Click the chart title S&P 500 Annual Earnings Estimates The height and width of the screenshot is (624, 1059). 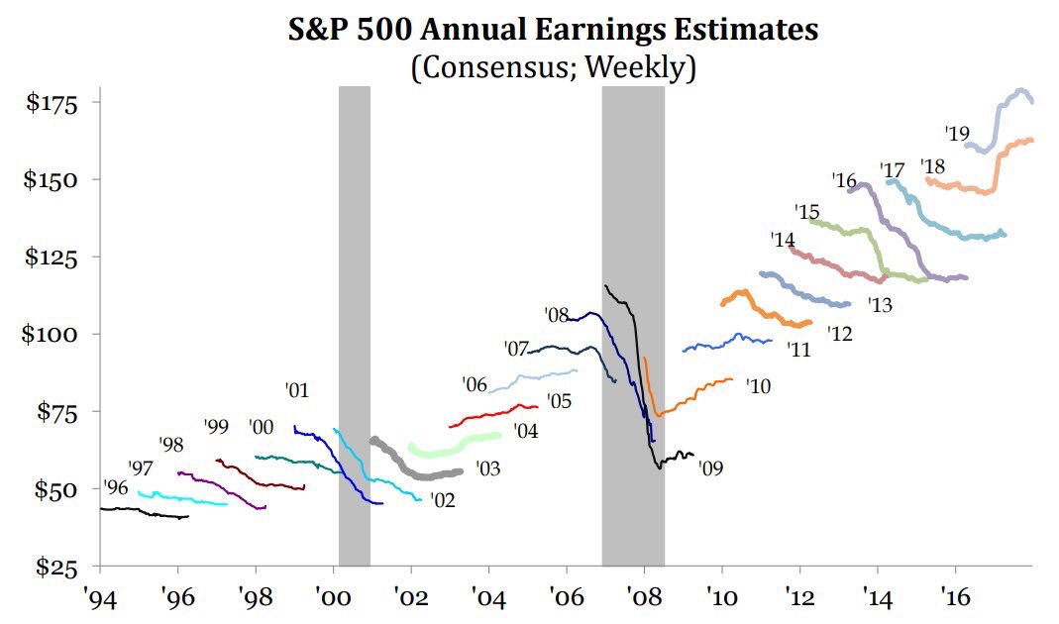tap(553, 31)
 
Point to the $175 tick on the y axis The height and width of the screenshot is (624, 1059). tap(60, 103)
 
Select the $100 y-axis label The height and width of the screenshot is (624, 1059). tap(60, 334)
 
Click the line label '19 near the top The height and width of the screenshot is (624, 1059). tap(956, 133)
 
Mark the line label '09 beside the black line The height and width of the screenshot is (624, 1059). tap(710, 468)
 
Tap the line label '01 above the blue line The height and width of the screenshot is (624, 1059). tap(297, 391)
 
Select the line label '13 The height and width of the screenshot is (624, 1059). tap(880, 305)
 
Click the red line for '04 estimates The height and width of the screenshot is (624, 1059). tap(495, 414)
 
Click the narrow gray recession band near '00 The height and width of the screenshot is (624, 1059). tap(354, 297)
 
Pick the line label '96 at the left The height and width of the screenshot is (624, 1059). tap(115, 487)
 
